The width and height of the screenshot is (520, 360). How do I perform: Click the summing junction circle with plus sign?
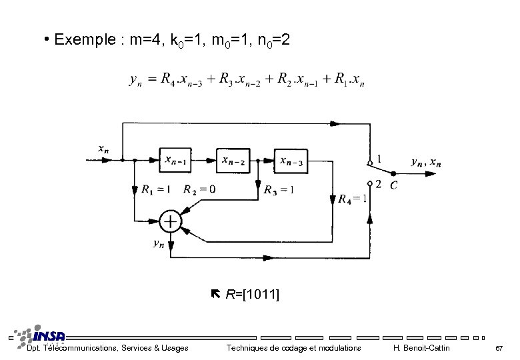(171, 221)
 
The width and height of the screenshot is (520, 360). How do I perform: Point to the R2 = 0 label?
(199, 189)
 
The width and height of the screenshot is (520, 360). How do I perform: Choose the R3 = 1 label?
(279, 189)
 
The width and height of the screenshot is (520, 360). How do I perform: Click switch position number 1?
(379, 159)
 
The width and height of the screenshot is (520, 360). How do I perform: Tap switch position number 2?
(378, 184)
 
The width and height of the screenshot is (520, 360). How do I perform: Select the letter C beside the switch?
(395, 185)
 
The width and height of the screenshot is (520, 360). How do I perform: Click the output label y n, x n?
(426, 161)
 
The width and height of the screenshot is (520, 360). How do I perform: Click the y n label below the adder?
(159, 244)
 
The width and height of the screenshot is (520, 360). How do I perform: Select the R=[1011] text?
(252, 294)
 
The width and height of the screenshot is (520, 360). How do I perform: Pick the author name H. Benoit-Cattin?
(421, 348)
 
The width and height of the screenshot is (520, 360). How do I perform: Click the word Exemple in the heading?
(84, 40)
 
